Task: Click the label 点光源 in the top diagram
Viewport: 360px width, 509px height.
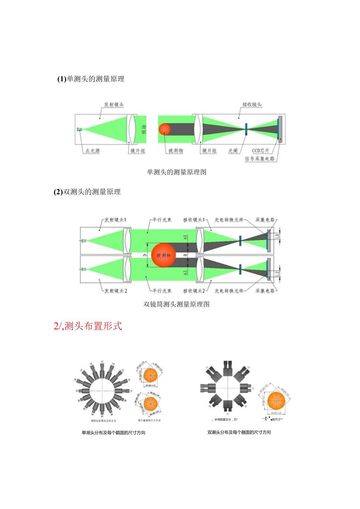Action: coord(91,151)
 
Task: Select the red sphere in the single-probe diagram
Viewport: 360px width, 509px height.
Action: coord(165,129)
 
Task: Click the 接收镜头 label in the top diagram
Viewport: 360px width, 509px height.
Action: coord(252,104)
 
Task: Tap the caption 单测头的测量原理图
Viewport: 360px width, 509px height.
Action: coord(176,172)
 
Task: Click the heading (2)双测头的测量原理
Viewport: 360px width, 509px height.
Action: coord(87,192)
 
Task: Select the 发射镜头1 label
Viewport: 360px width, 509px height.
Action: coord(115,220)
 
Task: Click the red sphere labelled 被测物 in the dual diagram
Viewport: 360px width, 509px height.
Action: coord(163,255)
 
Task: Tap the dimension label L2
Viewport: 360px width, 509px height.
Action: coord(277,274)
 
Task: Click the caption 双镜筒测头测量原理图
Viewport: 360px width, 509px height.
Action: coord(176,304)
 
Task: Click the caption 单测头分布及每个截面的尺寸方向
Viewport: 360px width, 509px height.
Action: coord(113,433)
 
